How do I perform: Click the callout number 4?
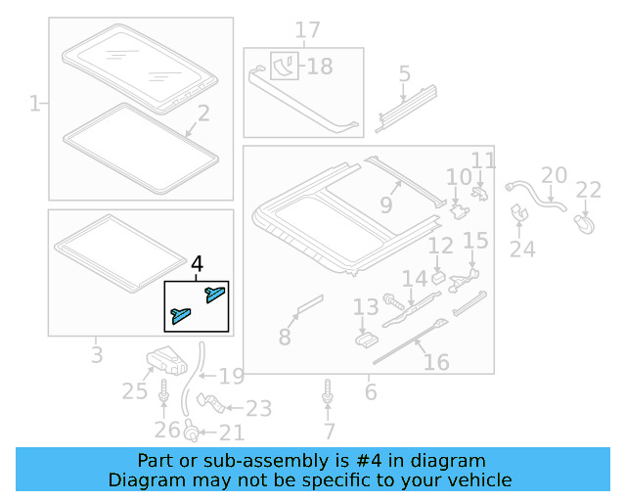pos(198,264)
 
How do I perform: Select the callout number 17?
pos(308,31)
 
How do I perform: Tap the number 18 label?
pos(320,67)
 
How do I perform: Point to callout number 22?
pos(588,190)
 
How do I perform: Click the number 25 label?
pos(134,391)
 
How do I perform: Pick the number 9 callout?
pos(385,205)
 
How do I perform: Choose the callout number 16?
pos(435,362)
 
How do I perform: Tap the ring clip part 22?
pos(587,224)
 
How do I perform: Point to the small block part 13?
pos(367,338)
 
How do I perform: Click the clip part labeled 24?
pos(518,212)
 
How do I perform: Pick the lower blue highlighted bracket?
pos(182,314)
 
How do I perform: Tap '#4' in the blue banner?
pos(378,460)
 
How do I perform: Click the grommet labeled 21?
pos(193,430)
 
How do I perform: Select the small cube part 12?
pos(438,275)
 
